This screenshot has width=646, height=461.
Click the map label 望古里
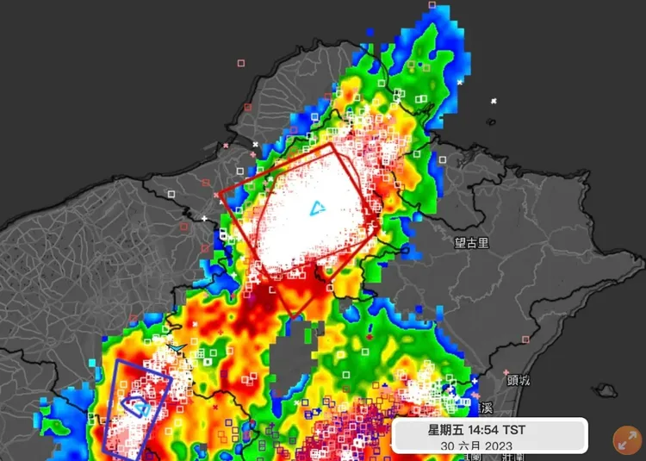click(471, 244)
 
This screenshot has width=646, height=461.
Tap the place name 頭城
click(519, 380)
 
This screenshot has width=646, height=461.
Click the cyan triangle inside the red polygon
click(318, 208)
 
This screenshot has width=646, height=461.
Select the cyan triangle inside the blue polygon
click(138, 403)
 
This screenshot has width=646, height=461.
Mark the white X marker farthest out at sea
click(494, 102)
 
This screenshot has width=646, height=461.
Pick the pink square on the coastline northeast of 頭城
click(525, 340)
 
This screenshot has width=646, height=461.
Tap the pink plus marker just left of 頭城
click(506, 372)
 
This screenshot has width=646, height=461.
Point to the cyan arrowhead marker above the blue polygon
click(177, 347)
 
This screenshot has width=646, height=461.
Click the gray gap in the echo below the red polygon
click(293, 362)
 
